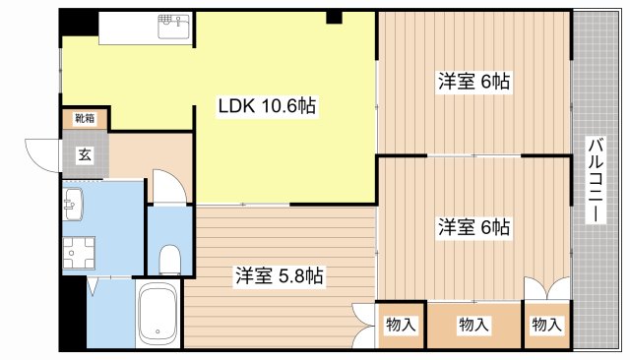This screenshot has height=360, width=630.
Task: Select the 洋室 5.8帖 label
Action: pyautogui.click(x=279, y=276)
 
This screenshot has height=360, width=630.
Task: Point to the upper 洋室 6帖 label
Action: pyautogui.click(x=473, y=83)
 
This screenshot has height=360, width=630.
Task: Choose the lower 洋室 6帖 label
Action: pyautogui.click(x=473, y=227)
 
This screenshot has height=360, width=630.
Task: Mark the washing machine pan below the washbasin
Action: pyautogui.click(x=76, y=254)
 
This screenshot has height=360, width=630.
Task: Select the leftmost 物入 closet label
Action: pyautogui.click(x=401, y=324)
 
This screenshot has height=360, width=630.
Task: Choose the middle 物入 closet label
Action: pyautogui.click(x=473, y=324)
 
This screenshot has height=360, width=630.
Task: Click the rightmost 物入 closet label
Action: pyautogui.click(x=546, y=324)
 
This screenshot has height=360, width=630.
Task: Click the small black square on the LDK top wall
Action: pyautogui.click(x=335, y=17)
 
